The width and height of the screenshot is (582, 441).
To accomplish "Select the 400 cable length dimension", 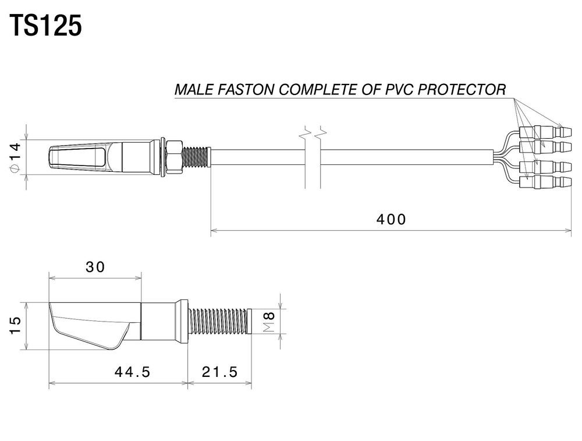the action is (391, 219).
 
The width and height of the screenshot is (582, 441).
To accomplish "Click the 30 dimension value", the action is (95, 267).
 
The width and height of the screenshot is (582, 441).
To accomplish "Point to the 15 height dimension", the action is (15, 326).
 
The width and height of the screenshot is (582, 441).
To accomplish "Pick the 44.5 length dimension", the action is (132, 372).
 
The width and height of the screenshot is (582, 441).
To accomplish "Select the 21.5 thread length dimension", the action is (220, 372).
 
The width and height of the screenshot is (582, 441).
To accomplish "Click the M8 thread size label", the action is (269, 322).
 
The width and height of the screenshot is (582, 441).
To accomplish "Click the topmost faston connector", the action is (546, 132).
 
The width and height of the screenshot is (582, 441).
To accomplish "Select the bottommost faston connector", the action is (546, 182).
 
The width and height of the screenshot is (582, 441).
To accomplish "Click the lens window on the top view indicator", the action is (77, 157).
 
